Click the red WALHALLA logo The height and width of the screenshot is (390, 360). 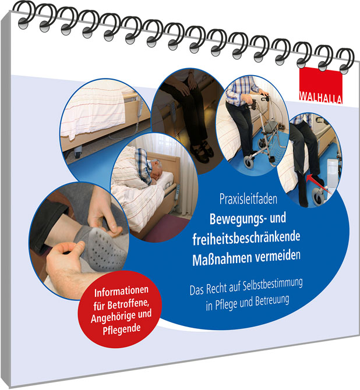tap(320, 85)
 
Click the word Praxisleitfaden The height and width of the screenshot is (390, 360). tap(248, 199)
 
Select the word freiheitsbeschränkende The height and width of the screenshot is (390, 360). tap(246, 238)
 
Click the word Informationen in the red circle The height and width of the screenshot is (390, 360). tap(121, 291)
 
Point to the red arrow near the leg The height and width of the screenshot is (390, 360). tap(319, 184)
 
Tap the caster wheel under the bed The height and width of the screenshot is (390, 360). tap(77, 153)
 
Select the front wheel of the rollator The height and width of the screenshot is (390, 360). tap(249, 162)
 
